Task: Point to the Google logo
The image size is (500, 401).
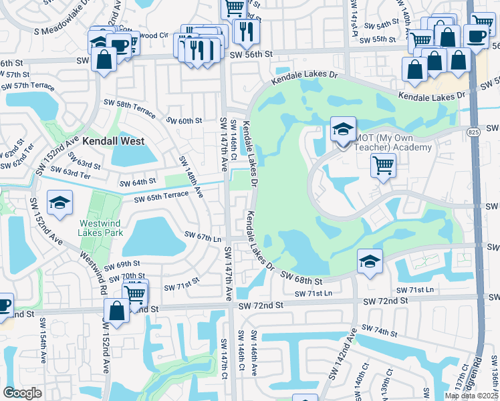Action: pyautogui.click(x=22, y=392)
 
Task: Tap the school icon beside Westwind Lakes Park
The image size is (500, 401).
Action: pyautogui.click(x=59, y=204)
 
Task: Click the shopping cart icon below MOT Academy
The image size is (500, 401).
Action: pyautogui.click(x=383, y=165)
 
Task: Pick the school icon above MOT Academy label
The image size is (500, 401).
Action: pyautogui.click(x=343, y=129)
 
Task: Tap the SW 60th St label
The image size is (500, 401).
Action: pyautogui.click(x=184, y=121)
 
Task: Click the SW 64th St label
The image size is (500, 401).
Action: pyautogui.click(x=137, y=182)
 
